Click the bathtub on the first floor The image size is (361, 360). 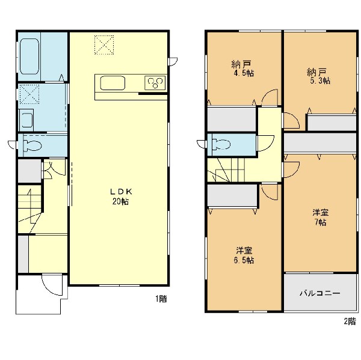pos(29,56)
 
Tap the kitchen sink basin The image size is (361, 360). pos(113,83)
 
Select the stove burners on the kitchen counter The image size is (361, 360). pos(155,83)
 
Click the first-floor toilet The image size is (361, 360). pos(32,146)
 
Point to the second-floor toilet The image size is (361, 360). pos(221,145)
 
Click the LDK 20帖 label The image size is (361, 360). pos(121,196)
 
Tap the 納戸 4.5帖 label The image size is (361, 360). pos(242,69)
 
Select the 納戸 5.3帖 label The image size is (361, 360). pos(319,76)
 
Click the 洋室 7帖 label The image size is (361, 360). pos(320,217)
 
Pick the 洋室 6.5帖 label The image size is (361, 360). pos(244,255)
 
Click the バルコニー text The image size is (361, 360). pos(320,293)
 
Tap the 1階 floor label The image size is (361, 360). pos(161,299)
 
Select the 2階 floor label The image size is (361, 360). pos(350,321)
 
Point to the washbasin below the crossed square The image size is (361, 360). pos(26,120)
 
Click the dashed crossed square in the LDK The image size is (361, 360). pos(104,45)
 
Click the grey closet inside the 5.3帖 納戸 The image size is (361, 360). pos(332,123)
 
